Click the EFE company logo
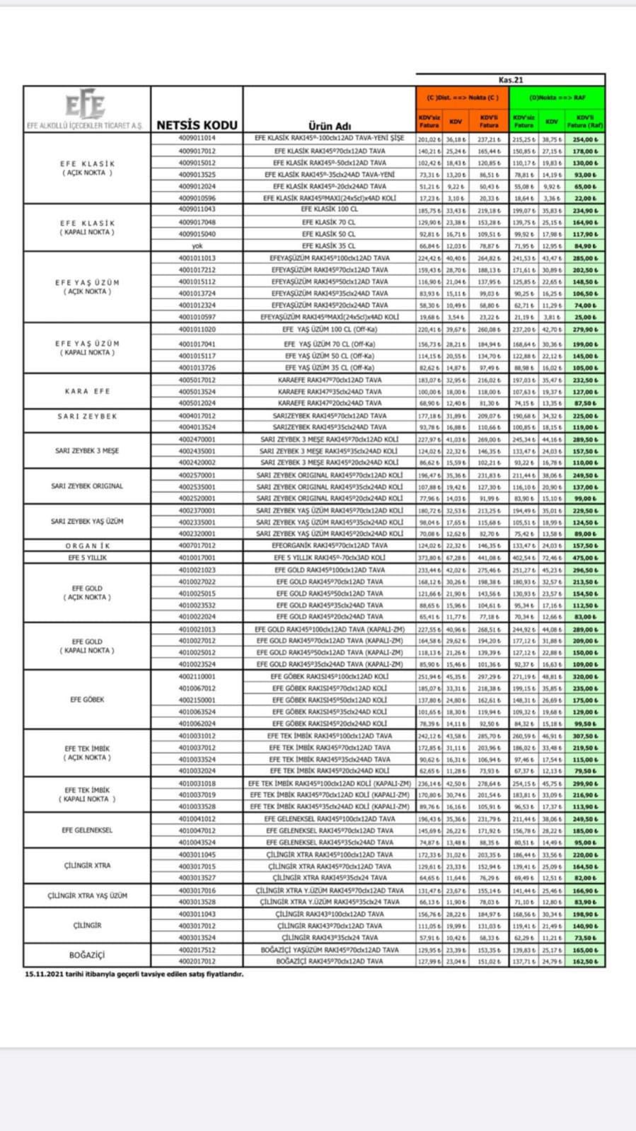[86, 105]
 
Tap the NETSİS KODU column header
[197, 125]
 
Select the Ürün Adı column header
[329, 126]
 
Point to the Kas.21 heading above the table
[510, 80]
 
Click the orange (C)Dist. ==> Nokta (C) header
[463, 98]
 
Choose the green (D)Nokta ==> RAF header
[557, 98]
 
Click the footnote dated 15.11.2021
[134, 974]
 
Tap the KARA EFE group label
[87, 391]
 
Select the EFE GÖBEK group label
[87, 700]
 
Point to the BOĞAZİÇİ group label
[87, 955]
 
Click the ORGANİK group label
[87, 546]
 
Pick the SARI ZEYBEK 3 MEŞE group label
[87, 451]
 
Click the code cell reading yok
[197, 246]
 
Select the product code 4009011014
[197, 139]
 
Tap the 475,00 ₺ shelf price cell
[585, 558]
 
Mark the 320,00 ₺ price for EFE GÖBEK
[585, 676]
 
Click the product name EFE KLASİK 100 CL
[329, 210]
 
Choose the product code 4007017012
[197, 546]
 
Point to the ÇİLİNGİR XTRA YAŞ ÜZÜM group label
[87, 895]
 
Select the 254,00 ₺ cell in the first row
[585, 139]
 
